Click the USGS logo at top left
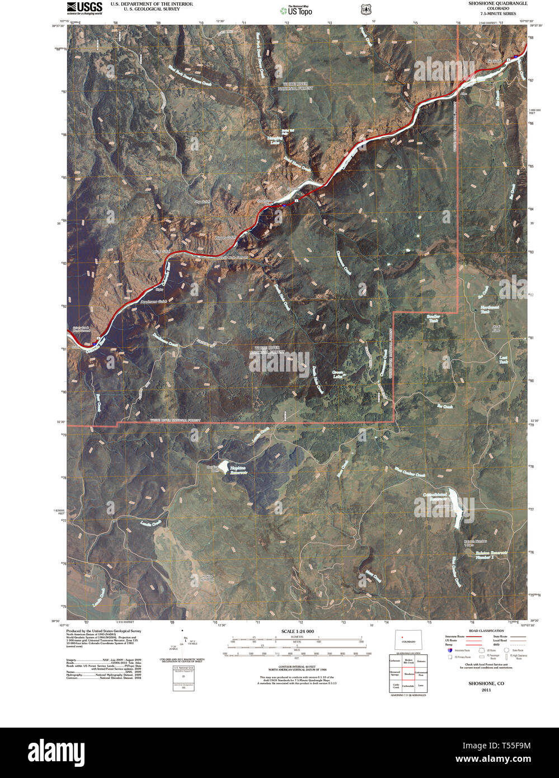[x=84, y=7]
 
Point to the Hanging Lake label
[x=274, y=141]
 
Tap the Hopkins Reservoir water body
[x=223, y=466]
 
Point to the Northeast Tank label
[x=489, y=309]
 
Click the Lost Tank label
[x=503, y=359]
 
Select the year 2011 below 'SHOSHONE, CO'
[x=486, y=690]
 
